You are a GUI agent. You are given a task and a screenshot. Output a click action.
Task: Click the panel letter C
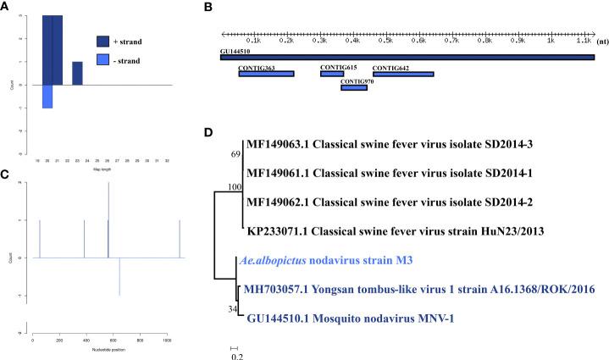click(5, 175)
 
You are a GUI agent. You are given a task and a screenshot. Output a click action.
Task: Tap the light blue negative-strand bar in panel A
click(47, 97)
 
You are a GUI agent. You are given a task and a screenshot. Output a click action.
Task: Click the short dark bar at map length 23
click(77, 74)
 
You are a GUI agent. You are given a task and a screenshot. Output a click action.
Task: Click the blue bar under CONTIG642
click(403, 75)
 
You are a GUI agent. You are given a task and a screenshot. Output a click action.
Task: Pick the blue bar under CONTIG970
click(353, 87)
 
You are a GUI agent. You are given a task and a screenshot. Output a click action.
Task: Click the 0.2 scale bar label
click(237, 356)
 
